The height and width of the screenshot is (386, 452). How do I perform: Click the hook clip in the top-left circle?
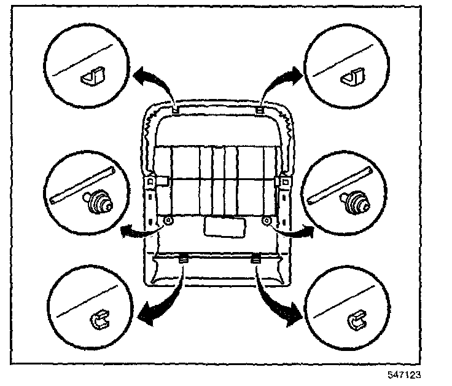tap(90, 77)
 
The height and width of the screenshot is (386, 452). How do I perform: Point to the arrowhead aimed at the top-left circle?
tap(138, 77)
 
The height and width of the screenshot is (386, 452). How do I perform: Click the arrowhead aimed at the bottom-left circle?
tap(145, 315)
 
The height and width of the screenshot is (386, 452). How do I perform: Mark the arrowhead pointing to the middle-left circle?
tap(127, 231)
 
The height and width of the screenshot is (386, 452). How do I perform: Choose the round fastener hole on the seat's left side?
tap(169, 221)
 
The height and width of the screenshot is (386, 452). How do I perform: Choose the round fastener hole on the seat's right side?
tap(267, 219)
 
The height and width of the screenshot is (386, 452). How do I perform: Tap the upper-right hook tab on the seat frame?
tap(260, 109)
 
